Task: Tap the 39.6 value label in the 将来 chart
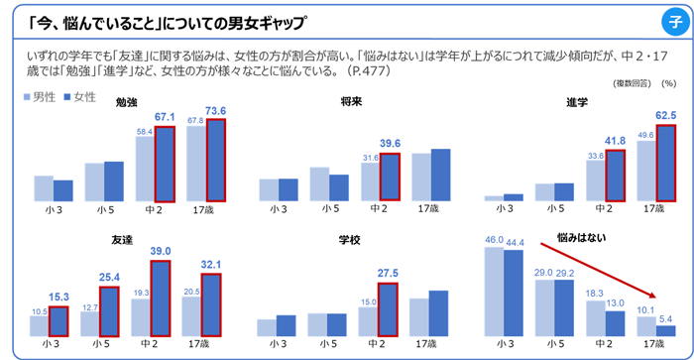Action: pyautogui.click(x=390, y=143)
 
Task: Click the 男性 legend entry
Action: pyautogui.click(x=40, y=97)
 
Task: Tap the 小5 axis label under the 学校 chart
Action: pyautogui.click(x=327, y=343)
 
